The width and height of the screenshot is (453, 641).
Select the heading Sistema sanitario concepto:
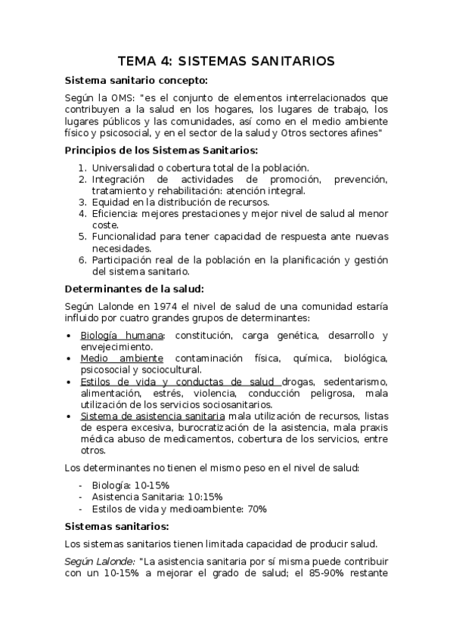pyautogui.click(x=136, y=80)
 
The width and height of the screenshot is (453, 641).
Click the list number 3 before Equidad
pyautogui.click(x=83, y=202)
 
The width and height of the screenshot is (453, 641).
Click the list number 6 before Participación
pyautogui.click(x=83, y=260)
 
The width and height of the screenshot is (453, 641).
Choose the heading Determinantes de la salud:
pyautogui.click(x=135, y=289)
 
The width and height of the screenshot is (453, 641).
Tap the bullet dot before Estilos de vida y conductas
pyautogui.click(x=70, y=382)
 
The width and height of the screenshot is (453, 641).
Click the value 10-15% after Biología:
pyautogui.click(x=151, y=485)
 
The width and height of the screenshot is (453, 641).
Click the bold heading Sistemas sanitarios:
pyautogui.click(x=117, y=526)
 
